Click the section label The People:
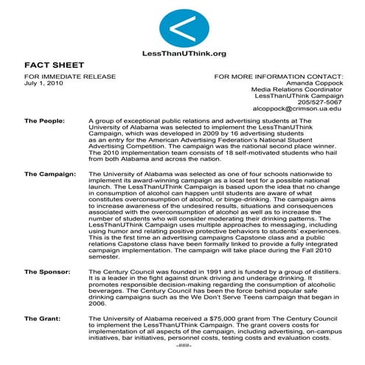[44, 119]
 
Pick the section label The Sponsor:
[48, 272]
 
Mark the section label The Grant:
[43, 319]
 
